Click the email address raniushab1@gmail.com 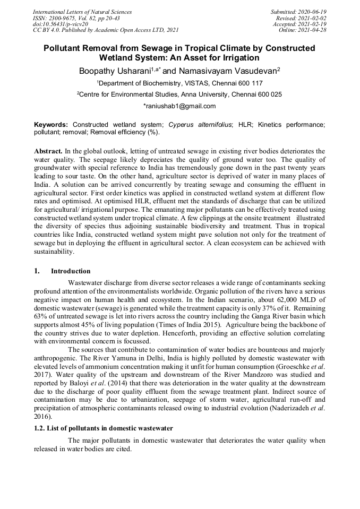[179, 106]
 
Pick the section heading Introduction [71, 271]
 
